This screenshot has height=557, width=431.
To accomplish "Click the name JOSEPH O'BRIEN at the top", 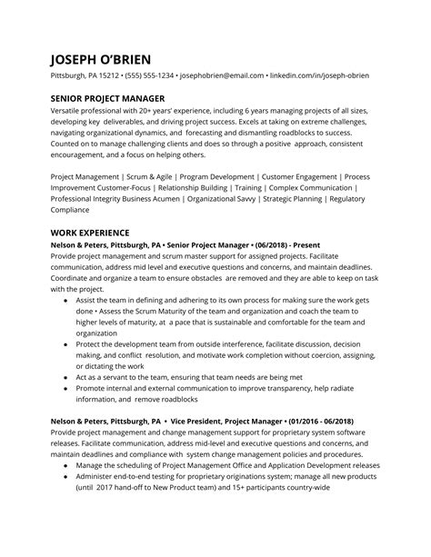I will pos(111,57).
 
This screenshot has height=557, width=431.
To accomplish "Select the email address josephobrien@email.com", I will pos(221,75).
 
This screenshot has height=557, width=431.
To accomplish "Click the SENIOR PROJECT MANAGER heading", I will pos(107,98).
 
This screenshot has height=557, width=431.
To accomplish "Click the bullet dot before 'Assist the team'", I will pos(65,299).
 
